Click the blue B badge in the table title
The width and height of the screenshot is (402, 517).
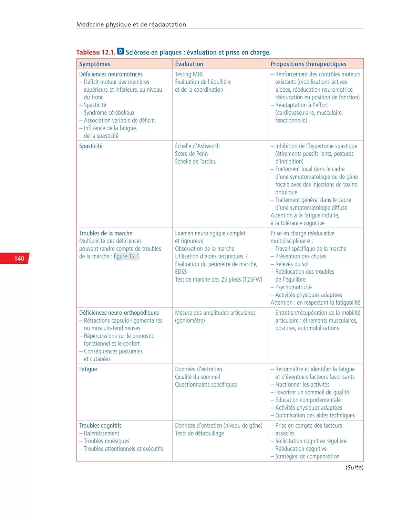[x=120, y=51]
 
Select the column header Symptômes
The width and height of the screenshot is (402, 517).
[x=95, y=64]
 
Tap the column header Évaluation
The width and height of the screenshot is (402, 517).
[x=189, y=64]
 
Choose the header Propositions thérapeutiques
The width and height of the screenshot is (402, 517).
[x=308, y=64]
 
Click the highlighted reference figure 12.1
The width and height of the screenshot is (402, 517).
[x=126, y=256]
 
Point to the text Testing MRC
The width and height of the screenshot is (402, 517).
[x=189, y=74]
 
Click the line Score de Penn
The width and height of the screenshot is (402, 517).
[x=191, y=154]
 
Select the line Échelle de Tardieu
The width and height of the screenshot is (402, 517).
[x=196, y=162]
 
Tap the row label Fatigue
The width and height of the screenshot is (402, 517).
[x=88, y=369]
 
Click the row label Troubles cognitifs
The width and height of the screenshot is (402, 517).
[x=100, y=426]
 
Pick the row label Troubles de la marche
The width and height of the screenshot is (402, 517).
[x=106, y=233]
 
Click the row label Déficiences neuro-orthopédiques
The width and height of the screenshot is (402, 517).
[x=119, y=313]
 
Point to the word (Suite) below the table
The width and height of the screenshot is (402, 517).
[x=354, y=467]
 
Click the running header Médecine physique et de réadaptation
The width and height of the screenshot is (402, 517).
[x=131, y=24]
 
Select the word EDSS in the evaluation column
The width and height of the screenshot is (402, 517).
[x=181, y=272]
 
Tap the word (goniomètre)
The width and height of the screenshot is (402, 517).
[x=190, y=321]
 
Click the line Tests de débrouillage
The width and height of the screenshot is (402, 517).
[x=199, y=434]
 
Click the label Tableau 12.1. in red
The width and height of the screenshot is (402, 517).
[x=96, y=52]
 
